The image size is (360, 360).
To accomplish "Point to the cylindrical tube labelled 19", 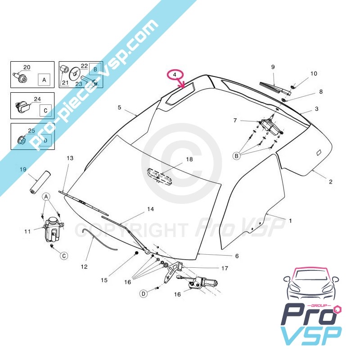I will (39, 182).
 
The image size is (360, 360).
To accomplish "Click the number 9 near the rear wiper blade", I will (273, 67).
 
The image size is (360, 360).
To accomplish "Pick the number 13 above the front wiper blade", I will (70, 158).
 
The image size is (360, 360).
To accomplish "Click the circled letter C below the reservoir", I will (64, 256).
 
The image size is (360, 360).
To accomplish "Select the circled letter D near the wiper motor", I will (143, 294).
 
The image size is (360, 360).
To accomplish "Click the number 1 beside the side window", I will (290, 220).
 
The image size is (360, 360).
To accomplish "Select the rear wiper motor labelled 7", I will (270, 126).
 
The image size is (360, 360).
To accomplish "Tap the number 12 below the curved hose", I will (84, 266).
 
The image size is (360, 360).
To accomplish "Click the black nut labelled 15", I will (136, 255).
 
